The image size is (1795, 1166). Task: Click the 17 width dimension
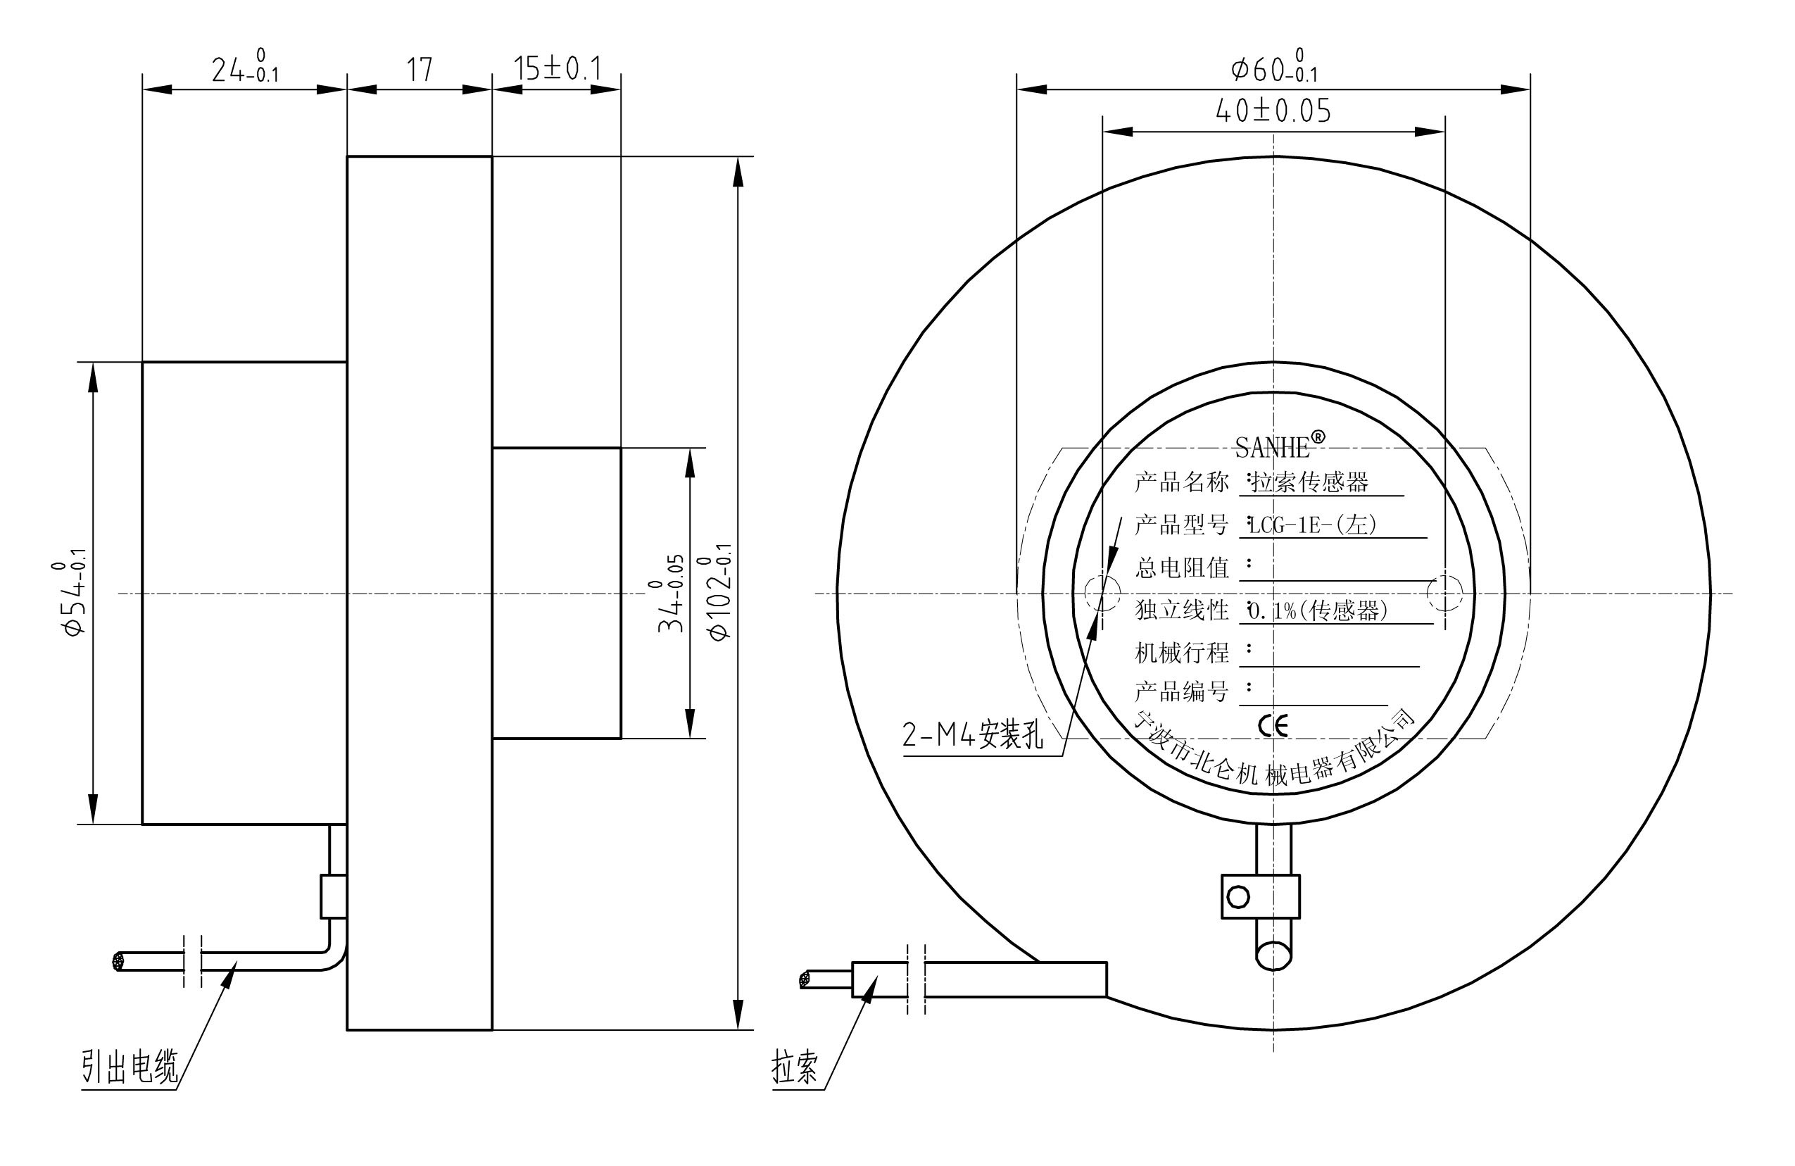(420, 70)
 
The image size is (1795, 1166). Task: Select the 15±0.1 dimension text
(558, 68)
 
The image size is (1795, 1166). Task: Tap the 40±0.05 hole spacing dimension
(1273, 111)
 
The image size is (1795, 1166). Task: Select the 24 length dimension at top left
(244, 68)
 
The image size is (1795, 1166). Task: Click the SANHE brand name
(1273, 448)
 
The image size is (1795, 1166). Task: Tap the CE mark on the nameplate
(1273, 725)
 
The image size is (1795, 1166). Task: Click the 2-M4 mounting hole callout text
(973, 734)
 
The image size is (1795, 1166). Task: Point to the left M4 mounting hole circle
(1102, 593)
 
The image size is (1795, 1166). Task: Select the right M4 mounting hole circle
(1444, 593)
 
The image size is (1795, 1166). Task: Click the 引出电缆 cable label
(130, 1067)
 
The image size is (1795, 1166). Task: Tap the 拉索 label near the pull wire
(794, 1067)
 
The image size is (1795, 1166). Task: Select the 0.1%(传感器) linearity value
(1318, 610)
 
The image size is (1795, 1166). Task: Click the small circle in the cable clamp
(1238, 897)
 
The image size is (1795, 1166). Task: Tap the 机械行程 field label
(1181, 653)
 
